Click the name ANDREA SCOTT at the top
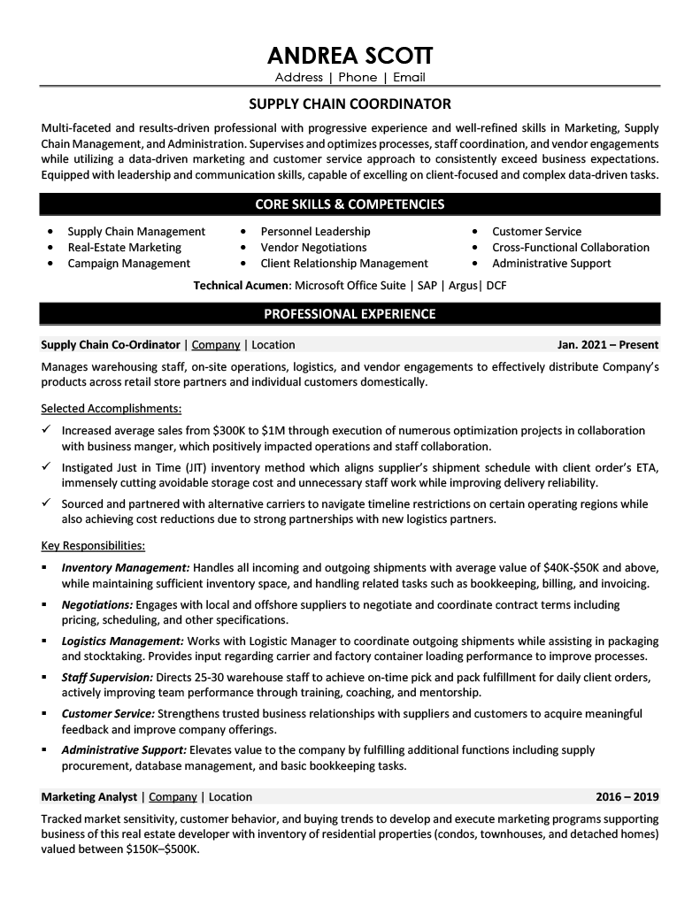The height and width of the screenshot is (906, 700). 350,58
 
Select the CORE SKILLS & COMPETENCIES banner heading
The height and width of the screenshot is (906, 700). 350,204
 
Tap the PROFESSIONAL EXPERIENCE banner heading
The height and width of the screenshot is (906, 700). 350,313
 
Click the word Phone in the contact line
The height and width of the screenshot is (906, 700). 358,78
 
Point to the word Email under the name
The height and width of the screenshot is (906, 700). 410,78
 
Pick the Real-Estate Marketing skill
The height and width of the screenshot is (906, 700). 124,248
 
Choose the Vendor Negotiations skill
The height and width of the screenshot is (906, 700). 313,248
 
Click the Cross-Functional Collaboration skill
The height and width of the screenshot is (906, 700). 571,248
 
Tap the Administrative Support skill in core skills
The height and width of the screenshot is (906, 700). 551,264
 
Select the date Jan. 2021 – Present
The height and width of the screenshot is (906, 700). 608,345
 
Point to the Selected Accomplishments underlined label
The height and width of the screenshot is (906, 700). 112,409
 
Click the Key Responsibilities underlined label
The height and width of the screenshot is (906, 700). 93,545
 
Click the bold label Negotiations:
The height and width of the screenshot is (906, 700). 97,604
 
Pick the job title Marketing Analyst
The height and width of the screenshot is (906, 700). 88,797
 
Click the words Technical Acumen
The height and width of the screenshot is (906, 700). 241,286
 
